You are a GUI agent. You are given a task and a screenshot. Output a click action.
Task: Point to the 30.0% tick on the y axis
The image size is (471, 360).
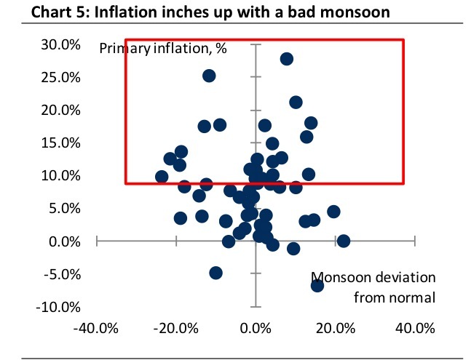coord(61,44)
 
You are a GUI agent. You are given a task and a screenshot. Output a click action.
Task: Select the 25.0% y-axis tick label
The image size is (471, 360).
coord(61,77)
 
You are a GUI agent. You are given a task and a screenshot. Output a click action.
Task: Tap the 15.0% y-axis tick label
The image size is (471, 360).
coord(61,143)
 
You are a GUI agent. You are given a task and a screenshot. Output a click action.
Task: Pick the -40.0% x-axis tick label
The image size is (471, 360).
coord(97,328)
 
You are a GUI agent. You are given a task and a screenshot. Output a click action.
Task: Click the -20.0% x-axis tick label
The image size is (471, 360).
coord(176,328)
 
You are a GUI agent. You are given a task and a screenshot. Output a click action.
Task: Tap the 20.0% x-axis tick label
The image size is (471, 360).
coord(336,328)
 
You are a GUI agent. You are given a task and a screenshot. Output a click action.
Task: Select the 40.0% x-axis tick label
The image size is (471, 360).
coord(415,328)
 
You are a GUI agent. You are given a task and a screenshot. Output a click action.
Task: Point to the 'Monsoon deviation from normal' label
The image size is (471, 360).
coord(373,287)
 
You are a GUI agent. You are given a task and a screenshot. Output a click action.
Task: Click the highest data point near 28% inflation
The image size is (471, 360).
coord(287,59)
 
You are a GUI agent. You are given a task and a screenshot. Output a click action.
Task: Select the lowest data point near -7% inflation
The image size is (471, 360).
coord(317,285)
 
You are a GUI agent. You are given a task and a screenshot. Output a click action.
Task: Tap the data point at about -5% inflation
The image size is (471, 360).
coord(215,273)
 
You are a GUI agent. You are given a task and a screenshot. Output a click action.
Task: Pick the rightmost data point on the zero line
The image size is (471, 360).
coord(344,241)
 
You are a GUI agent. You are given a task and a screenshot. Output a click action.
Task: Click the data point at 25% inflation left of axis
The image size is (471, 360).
coord(209,76)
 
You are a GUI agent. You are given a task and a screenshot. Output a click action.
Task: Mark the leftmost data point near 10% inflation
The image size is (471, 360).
coord(162,177)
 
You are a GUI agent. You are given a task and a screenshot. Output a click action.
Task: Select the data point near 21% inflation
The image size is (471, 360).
coord(296,103)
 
